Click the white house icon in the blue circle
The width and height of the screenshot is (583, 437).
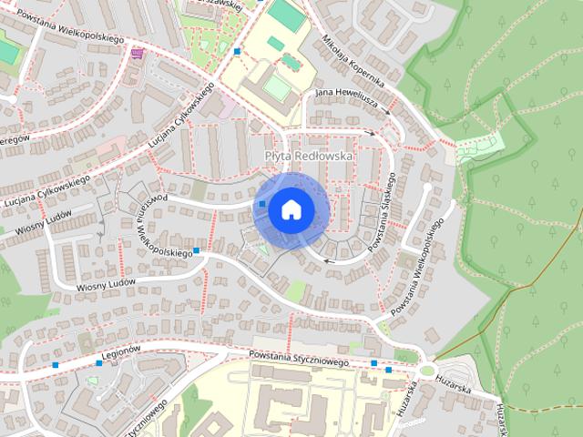click(291, 209)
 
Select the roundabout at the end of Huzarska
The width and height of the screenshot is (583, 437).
click(427, 370)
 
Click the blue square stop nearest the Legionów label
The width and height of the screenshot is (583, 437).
click(99, 363)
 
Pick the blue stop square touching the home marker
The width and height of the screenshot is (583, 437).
click(262, 204)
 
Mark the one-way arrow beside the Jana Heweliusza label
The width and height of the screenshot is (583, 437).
click(388, 113)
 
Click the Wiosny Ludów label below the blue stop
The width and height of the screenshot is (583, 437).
click(106, 283)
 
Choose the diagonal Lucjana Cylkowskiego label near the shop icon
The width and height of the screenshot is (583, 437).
click(181, 120)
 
